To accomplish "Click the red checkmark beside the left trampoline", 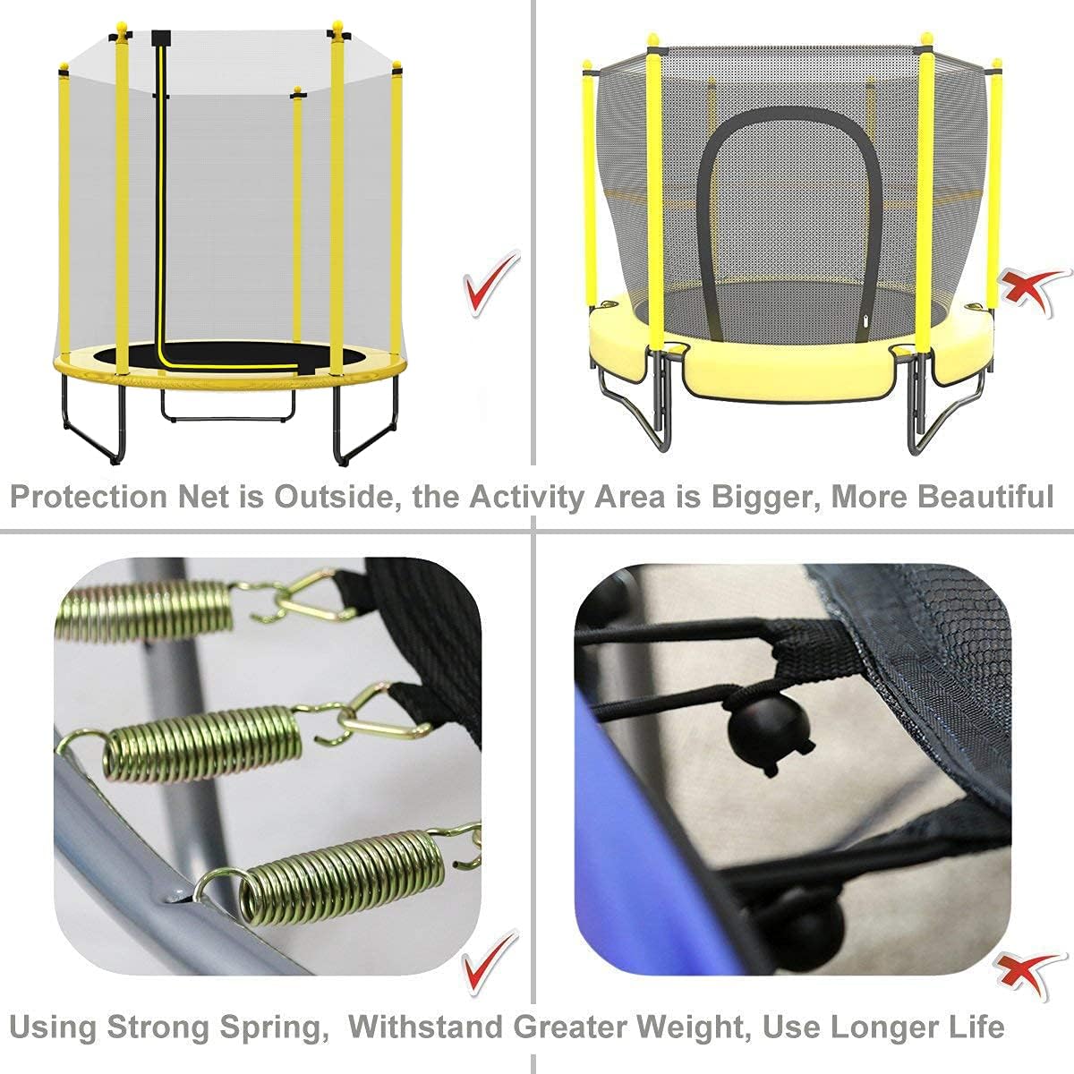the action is (490, 283).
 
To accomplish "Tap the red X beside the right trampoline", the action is (1032, 290).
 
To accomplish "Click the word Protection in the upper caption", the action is (88, 496).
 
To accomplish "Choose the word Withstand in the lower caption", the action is (425, 1026).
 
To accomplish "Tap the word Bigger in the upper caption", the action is (758, 496).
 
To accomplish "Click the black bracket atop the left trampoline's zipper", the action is (161, 38).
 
